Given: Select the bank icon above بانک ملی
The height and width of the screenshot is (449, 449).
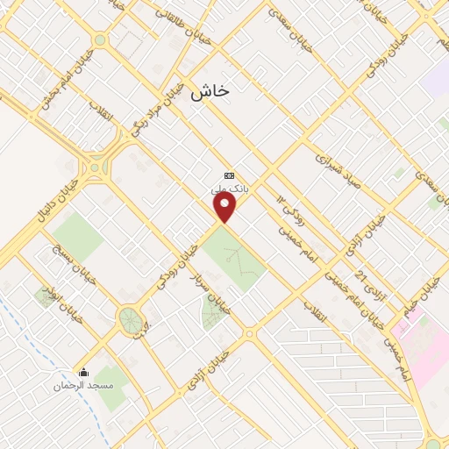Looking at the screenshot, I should pyautogui.click(x=230, y=175).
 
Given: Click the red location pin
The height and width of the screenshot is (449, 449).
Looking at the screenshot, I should pyautogui.click(x=225, y=208).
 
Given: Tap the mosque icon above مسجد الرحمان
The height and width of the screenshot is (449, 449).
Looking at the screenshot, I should pyautogui.click(x=84, y=372).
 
